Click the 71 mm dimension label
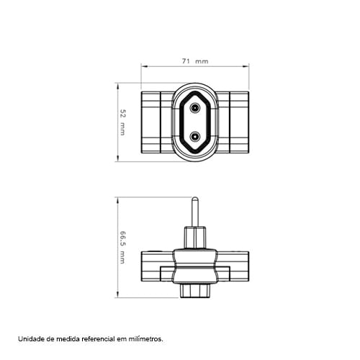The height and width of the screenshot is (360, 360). [x=195, y=61]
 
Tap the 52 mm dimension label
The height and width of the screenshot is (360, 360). [x=122, y=122]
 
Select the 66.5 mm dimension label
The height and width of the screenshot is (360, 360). [x=122, y=248]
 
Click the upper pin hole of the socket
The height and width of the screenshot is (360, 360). [x=195, y=108]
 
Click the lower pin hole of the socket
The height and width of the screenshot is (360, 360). [x=195, y=137]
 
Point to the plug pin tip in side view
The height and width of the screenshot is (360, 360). [x=195, y=198]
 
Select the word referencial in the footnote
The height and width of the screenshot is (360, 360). [x=98, y=339]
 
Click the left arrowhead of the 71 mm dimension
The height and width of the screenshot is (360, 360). [x=144, y=66]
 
